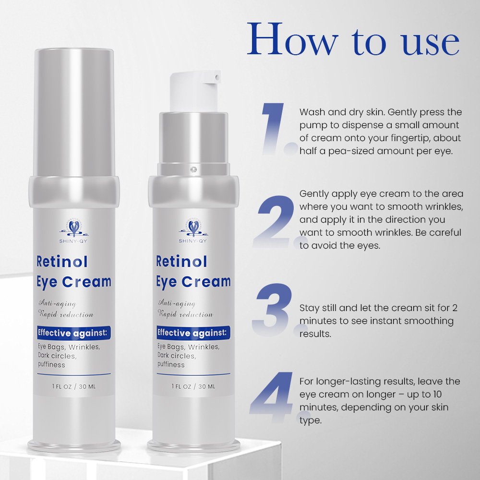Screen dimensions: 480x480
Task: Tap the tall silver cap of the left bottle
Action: (74, 110)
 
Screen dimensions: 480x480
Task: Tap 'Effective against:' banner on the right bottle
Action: (193, 333)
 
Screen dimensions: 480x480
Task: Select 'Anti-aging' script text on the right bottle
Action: (177, 303)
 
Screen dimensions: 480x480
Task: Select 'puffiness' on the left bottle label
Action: (51, 364)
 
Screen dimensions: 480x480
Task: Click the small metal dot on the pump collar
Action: (194, 168)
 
